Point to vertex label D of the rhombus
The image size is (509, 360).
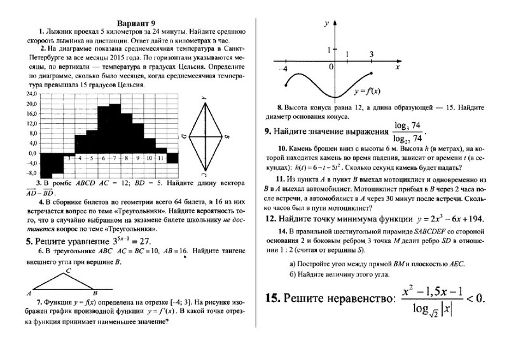183,136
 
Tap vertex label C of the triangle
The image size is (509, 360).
69,271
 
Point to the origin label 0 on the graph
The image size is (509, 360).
331,66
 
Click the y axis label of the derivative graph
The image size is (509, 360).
326,23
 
